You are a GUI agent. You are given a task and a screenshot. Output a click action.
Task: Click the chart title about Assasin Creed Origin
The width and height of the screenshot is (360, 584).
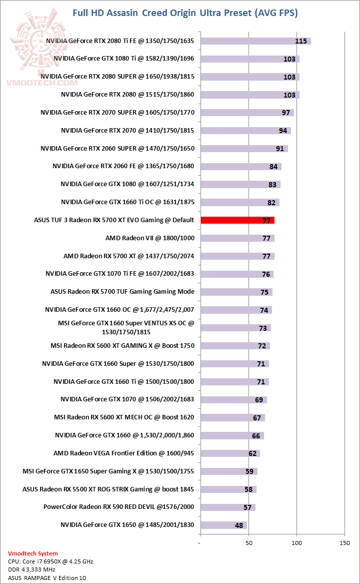pyautogui.click(x=185, y=13)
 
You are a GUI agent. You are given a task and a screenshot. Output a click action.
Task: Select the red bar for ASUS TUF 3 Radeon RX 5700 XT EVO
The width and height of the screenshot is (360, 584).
pyautogui.click(x=237, y=220)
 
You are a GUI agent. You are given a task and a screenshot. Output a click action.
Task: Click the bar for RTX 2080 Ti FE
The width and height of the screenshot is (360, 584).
pyautogui.click(x=255, y=41)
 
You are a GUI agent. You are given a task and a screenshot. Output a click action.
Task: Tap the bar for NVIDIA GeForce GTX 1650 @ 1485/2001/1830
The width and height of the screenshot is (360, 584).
pyautogui.click(x=223, y=525)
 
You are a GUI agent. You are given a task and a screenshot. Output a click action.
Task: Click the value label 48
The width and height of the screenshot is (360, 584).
pyautogui.click(x=239, y=525)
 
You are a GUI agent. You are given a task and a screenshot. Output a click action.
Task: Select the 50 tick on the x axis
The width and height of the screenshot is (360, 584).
pyautogui.click(x=248, y=543)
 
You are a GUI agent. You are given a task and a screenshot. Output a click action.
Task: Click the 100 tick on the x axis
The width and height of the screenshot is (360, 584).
pyautogui.click(x=297, y=543)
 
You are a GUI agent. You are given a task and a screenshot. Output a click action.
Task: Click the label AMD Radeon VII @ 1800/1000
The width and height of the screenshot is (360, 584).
pyautogui.click(x=149, y=238)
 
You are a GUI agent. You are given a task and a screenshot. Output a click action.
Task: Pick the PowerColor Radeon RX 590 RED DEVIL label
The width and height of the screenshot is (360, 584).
pyautogui.click(x=118, y=507)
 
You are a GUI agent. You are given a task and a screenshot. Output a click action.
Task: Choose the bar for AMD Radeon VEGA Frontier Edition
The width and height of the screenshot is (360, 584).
pyautogui.click(x=230, y=453)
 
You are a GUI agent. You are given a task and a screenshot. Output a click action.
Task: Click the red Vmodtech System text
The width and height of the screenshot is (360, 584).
pyautogui.click(x=33, y=553)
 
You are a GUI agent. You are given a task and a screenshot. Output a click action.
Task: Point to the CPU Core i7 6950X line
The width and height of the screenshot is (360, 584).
pyautogui.click(x=50, y=561)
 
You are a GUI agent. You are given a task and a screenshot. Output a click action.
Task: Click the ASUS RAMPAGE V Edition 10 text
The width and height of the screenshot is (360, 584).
pyautogui.click(x=47, y=578)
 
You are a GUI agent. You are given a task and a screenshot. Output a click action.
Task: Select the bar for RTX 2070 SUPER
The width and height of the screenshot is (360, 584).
pyautogui.click(x=247, y=113)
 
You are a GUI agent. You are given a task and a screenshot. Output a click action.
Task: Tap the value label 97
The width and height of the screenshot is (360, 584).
pyautogui.click(x=286, y=113)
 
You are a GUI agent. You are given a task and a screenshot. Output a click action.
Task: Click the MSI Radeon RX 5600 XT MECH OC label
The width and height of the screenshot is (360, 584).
pyautogui.click(x=124, y=417)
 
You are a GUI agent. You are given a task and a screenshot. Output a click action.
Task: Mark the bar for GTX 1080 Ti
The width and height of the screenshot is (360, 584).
pyautogui.click(x=250, y=59)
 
